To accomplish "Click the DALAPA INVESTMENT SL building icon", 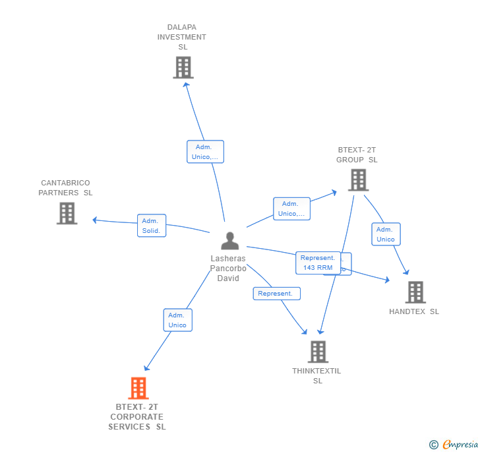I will (x=183, y=67).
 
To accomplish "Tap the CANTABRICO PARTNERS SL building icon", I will (x=67, y=213).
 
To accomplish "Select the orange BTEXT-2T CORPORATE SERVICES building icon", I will (x=138, y=388).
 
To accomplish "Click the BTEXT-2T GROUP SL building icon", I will (x=358, y=179).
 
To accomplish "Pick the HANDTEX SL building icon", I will (x=415, y=292).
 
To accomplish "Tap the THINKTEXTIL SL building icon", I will (x=318, y=352).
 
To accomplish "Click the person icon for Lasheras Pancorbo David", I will (x=229, y=241).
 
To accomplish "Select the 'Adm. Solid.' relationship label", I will (x=152, y=226).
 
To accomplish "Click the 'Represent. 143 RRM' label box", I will (x=318, y=263).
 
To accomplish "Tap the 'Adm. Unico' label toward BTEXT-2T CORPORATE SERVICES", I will (x=177, y=320).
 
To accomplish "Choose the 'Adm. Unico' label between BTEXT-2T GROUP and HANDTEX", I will (x=386, y=234).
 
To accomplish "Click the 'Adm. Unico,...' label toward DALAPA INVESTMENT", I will (x=205, y=152).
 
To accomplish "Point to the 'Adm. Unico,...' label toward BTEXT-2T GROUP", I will (x=291, y=209).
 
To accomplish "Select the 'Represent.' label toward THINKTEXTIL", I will (x=276, y=294).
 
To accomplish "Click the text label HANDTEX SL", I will (x=414, y=311).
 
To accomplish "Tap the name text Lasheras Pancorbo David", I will (x=228, y=269).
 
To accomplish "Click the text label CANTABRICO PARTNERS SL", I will (x=66, y=188).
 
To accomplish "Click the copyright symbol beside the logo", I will (x=434, y=445).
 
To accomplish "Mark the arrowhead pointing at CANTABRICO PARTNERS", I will (x=95, y=220).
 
